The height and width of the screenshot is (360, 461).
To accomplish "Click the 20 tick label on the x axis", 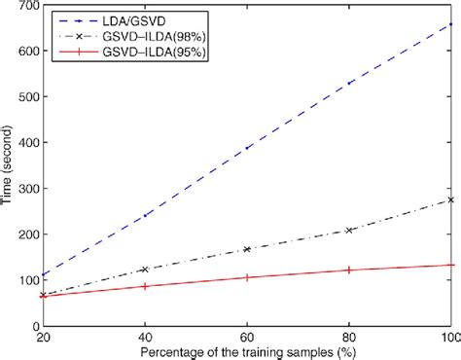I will tap(42, 337).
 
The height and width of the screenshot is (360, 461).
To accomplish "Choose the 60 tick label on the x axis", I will tap(247, 337).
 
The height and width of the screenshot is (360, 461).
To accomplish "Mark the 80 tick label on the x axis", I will tap(348, 337).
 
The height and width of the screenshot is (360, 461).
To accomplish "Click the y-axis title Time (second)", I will tap(9, 165).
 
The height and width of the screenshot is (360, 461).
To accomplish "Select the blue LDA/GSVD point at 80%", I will tap(349, 83).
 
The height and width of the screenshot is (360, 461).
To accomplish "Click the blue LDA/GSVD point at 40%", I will tap(145, 216).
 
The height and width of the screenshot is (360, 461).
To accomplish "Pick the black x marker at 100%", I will tap(450, 199).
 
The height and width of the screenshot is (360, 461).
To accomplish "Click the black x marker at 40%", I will tap(145, 270).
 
